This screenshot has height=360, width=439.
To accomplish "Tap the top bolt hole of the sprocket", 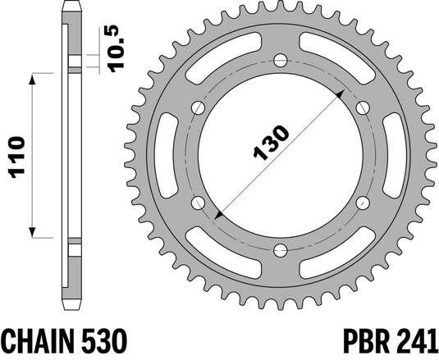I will click(x=279, y=60).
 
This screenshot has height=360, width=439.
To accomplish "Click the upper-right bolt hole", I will click(x=362, y=107).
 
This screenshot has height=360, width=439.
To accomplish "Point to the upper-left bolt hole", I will click(x=197, y=107).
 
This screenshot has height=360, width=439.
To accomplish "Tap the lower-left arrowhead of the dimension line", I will click(x=217, y=216).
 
